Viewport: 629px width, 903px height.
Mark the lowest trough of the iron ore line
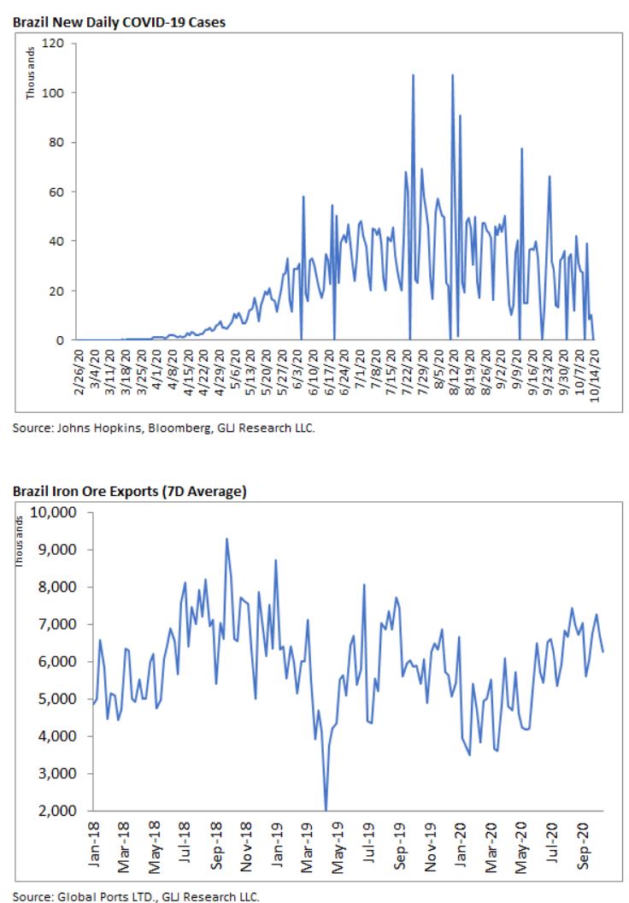326,809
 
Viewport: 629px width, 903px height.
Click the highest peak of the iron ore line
226,539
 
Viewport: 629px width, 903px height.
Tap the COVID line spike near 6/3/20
303,197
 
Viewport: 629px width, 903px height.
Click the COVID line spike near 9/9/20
521,149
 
